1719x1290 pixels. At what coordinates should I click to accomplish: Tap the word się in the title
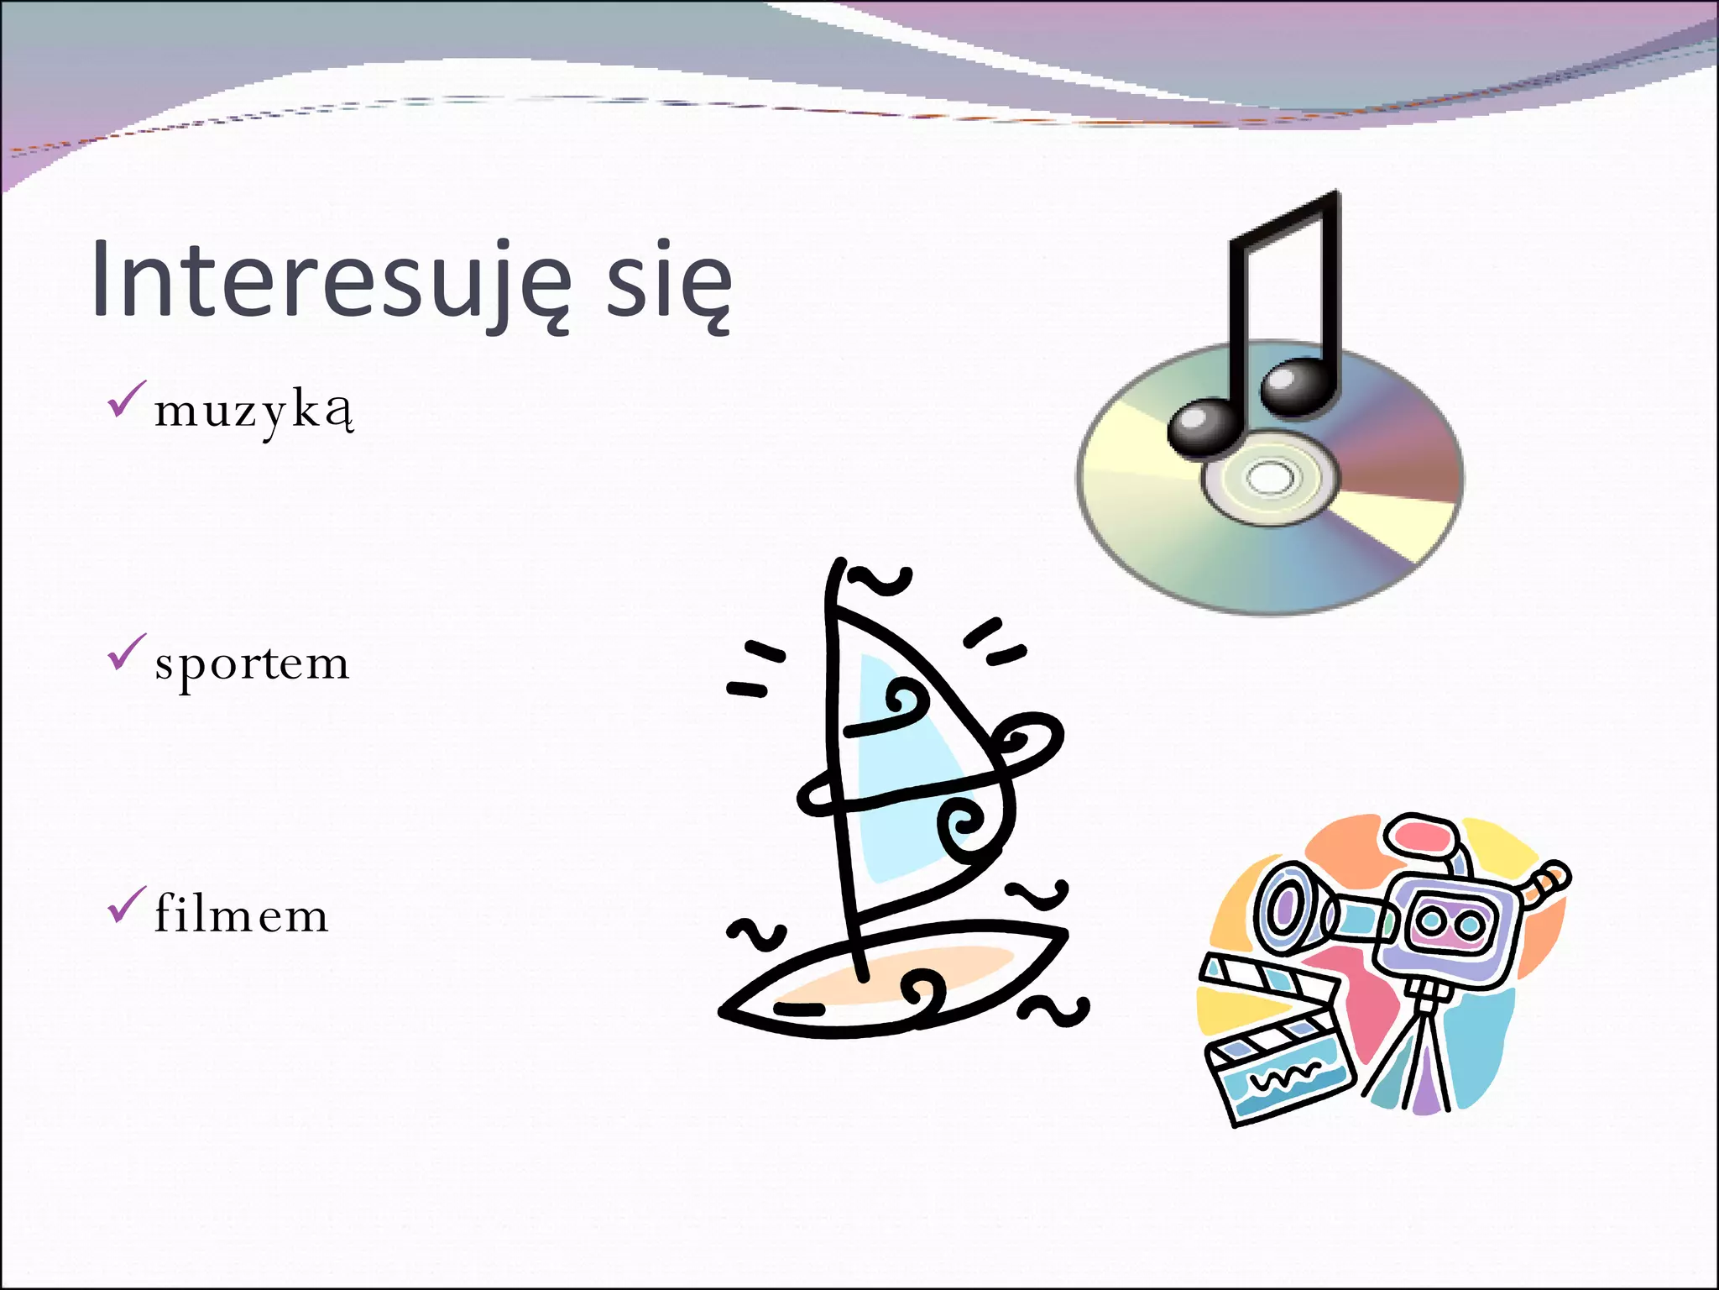668,281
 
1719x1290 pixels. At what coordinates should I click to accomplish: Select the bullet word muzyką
253,412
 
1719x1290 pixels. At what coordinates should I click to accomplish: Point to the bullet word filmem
242,915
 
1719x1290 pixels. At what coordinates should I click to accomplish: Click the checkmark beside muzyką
126,400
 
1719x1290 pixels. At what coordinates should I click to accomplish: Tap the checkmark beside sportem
126,653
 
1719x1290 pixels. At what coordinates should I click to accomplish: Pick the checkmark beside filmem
126,905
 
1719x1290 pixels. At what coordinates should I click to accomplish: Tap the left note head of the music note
1202,427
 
